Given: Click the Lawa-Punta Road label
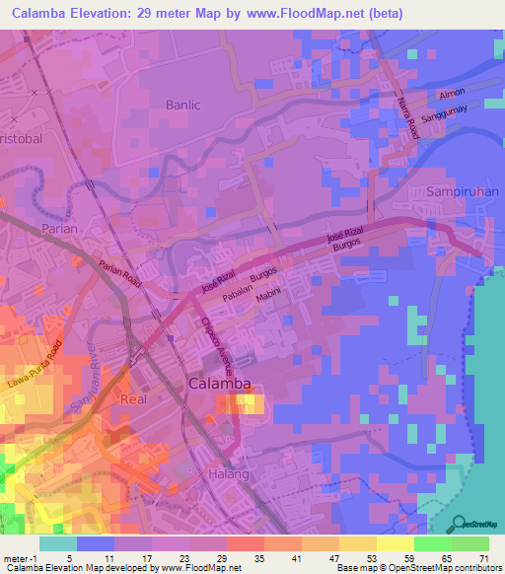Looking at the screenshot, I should (37, 366).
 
